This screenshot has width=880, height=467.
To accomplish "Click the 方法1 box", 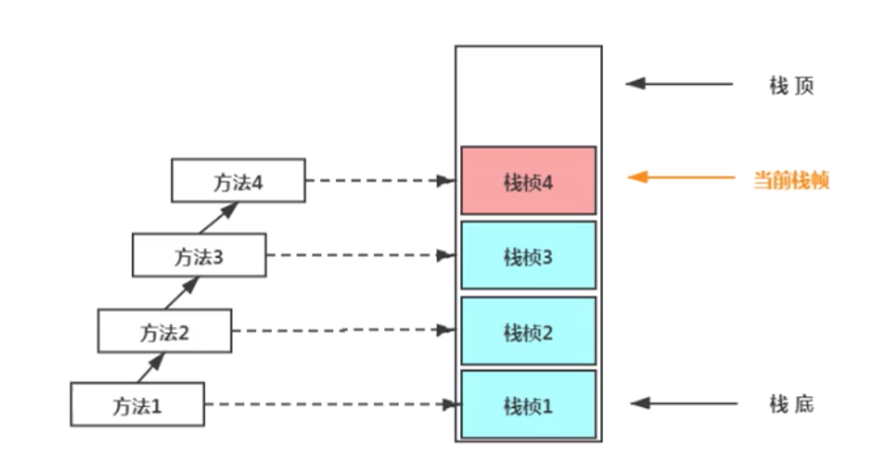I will tap(137, 405).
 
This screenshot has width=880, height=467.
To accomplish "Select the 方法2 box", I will tap(165, 331).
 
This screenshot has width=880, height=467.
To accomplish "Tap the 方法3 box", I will tap(198, 256).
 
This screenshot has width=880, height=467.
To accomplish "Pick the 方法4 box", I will tap(238, 181).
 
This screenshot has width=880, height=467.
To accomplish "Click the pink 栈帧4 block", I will tap(528, 181).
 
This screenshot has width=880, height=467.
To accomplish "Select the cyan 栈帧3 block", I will tap(528, 256).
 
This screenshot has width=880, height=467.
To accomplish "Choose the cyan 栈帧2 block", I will tap(528, 331).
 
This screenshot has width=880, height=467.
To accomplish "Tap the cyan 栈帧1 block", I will tap(528, 405).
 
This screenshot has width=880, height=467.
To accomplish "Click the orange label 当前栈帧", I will tap(791, 180).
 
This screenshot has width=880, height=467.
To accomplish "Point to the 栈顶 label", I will tap(791, 85).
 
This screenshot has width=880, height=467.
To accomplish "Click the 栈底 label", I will tap(791, 405).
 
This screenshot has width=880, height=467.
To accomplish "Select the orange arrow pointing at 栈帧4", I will tap(680, 178).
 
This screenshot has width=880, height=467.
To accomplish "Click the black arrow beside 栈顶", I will tap(680, 83).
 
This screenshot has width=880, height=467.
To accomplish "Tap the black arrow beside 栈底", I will tap(680, 404).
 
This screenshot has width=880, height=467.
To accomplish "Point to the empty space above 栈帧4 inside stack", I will tap(528, 96).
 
